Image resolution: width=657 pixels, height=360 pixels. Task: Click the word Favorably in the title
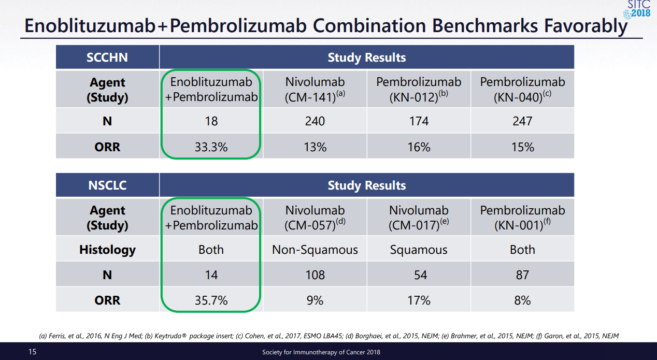click(585, 26)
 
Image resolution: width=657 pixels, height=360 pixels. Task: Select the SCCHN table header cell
click(107, 57)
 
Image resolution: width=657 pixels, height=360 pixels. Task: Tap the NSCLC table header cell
click(107, 185)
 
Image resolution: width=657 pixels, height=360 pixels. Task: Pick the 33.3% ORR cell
click(211, 147)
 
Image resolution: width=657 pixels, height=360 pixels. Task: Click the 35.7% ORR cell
click(211, 300)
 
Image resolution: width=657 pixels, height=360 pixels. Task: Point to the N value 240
click(315, 121)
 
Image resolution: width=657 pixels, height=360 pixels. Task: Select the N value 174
click(419, 121)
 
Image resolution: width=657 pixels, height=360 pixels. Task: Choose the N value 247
click(522, 121)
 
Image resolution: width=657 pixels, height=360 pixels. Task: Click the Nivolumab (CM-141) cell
click(315, 89)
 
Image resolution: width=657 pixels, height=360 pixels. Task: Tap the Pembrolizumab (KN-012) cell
click(419, 89)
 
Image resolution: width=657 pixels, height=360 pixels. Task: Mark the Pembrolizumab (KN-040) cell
click(522, 89)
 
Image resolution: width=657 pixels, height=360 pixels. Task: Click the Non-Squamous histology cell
click(315, 250)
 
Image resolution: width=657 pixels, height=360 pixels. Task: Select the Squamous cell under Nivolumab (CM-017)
click(419, 250)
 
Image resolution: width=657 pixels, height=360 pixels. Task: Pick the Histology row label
click(107, 250)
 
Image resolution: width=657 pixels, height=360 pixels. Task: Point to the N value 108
click(315, 275)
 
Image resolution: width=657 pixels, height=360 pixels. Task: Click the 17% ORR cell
click(419, 300)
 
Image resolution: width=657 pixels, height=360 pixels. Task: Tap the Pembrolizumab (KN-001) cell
click(522, 218)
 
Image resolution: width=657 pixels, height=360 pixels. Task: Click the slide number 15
click(32, 352)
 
